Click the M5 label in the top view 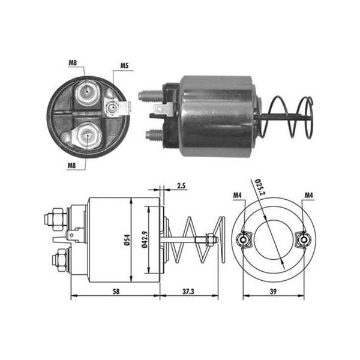(124, 65)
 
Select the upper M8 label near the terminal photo (73, 62)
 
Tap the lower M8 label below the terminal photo (71, 165)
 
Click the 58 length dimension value (116, 292)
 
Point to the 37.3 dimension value (188, 292)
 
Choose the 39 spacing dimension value (273, 292)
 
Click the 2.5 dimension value (181, 185)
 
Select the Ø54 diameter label (127, 240)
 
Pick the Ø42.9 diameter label (145, 240)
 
